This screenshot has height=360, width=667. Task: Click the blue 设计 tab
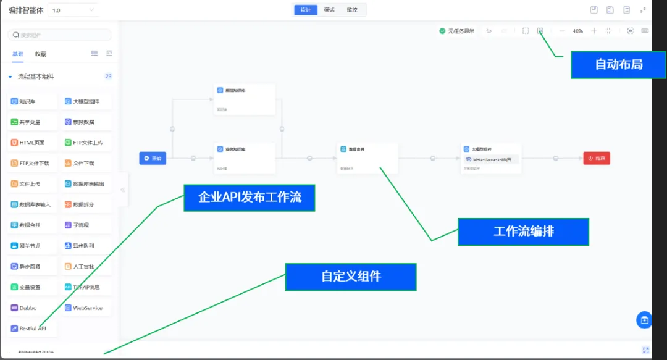point(306,10)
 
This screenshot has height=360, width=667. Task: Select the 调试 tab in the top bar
point(329,10)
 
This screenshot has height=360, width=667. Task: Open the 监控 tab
point(352,10)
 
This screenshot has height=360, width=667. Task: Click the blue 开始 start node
point(153,158)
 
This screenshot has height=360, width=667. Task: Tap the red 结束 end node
point(597,158)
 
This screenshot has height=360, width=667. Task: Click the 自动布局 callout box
point(619,64)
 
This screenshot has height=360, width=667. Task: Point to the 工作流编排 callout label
point(523,232)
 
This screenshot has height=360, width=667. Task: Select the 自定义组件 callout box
point(351,277)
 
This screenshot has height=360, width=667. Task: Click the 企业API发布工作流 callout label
point(250,198)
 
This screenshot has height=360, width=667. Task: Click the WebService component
point(87,308)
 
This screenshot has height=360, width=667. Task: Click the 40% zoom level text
point(577,31)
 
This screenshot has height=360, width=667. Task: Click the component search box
point(59,35)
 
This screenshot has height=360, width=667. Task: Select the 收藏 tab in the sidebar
point(41,54)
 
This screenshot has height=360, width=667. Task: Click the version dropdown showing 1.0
point(73,10)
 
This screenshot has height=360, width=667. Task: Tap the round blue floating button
point(644,320)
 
